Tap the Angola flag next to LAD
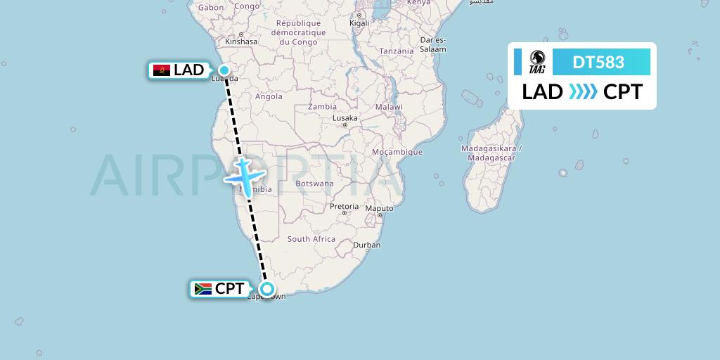(x=162, y=70)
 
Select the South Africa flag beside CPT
(x=203, y=289)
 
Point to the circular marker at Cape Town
(x=267, y=288)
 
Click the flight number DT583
(x=598, y=63)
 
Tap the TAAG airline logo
(x=537, y=63)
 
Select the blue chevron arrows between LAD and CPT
(x=583, y=92)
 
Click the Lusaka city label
(x=345, y=118)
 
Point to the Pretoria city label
(x=345, y=207)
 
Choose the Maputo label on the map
(x=379, y=208)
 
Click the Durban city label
(x=366, y=245)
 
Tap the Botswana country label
(x=314, y=184)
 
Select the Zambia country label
(x=322, y=107)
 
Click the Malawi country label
(x=389, y=107)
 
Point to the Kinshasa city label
(x=240, y=41)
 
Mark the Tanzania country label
(x=397, y=51)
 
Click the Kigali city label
(x=359, y=23)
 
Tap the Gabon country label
(x=211, y=8)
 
